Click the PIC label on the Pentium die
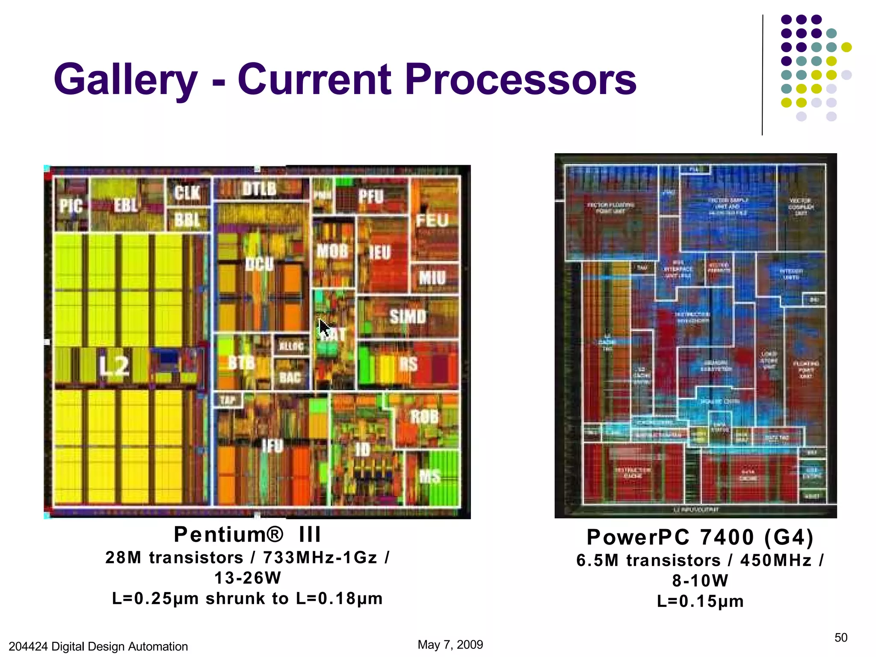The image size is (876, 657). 71,206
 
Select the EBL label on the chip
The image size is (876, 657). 126,205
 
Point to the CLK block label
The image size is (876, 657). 187,193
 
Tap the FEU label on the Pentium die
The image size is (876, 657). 432,221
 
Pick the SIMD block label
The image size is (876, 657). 408,317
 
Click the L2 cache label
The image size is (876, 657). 114,366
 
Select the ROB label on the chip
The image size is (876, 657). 424,416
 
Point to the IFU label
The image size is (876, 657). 272,446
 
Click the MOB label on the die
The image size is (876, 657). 332,251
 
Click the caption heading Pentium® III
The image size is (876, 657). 247,534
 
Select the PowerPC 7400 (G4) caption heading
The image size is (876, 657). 700,537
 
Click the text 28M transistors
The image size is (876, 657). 174,558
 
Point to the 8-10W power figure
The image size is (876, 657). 700,581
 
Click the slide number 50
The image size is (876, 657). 840,638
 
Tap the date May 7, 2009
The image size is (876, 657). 450,645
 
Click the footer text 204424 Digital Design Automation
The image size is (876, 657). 98,646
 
